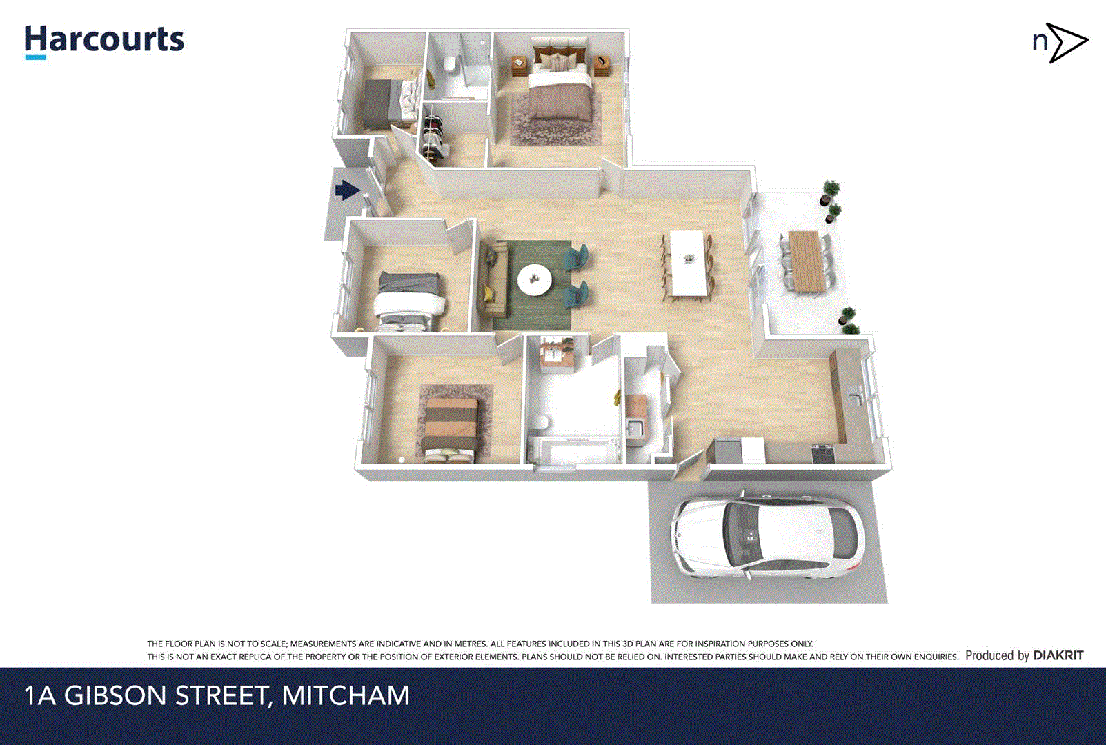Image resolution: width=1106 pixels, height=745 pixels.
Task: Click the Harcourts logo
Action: coord(104,41)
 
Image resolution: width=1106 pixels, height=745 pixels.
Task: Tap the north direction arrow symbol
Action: coord(1066,42)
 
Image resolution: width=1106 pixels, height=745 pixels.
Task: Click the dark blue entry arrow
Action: coord(348,190)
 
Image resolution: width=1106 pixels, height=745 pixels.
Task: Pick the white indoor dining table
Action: coord(688,263)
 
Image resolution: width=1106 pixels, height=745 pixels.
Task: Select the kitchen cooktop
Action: coord(822,453)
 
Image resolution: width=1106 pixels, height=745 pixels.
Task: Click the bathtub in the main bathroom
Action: coord(578,450)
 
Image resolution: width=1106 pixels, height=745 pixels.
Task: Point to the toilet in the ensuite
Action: coord(450,64)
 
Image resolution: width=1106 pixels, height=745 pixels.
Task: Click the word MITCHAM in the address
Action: coord(346,695)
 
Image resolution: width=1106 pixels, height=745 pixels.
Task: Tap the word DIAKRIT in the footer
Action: coord(1058,655)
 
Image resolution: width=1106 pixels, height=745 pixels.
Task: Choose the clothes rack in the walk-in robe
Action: coord(433,134)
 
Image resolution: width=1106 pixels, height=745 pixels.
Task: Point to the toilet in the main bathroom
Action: coord(541,422)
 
